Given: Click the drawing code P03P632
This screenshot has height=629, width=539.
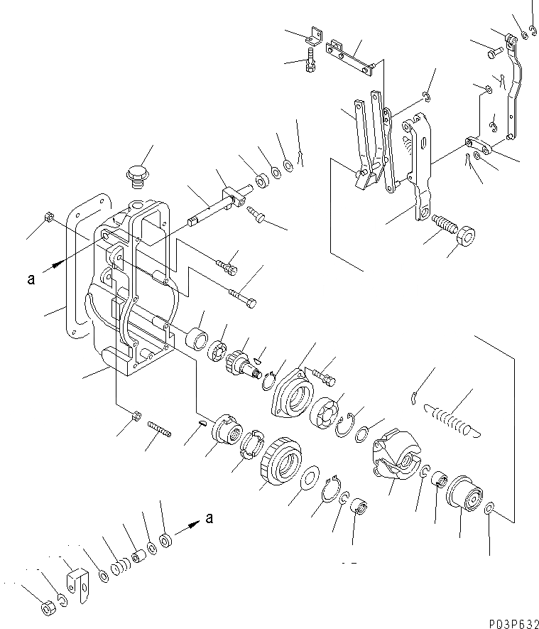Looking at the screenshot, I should (x=508, y=620).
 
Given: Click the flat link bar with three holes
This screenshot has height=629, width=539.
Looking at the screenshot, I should (x=349, y=56).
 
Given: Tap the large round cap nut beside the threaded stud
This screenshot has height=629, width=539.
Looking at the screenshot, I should (x=465, y=235).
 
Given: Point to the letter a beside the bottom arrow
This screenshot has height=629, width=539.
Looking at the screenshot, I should (x=208, y=518).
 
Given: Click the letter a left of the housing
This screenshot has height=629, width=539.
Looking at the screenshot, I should (x=31, y=279).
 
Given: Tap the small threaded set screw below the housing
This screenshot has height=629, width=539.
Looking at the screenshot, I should (x=161, y=430).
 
